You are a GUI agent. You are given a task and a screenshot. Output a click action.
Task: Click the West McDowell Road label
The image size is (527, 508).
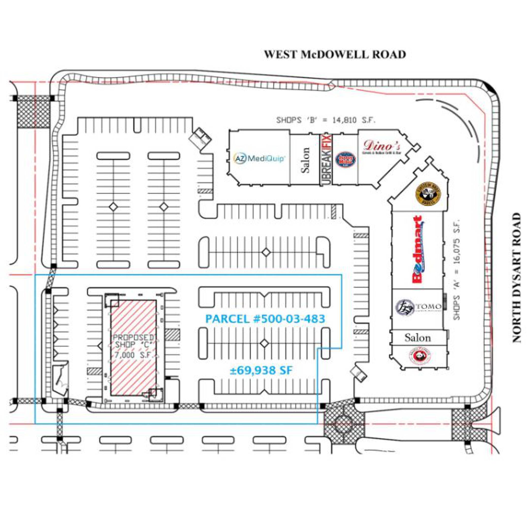click(x=335, y=55)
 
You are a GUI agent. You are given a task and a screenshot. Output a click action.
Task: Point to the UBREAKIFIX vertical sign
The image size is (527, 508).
click(x=326, y=160)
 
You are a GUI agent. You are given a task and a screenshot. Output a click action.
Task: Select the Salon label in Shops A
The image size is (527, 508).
click(x=418, y=338)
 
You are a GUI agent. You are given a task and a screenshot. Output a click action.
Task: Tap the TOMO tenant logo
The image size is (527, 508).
click(x=418, y=306)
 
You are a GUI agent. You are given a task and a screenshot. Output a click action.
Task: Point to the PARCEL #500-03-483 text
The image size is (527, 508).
click(x=265, y=319)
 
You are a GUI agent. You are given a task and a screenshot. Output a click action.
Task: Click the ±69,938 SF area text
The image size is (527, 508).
click(x=261, y=371)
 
